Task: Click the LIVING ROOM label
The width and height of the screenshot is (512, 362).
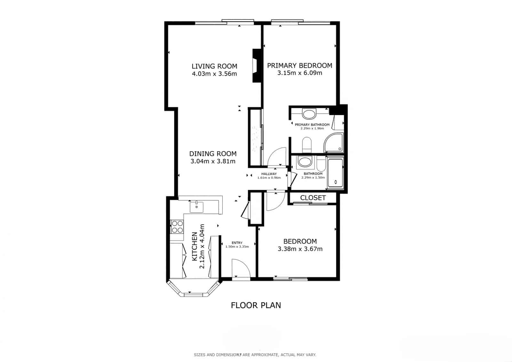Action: tap(214, 66)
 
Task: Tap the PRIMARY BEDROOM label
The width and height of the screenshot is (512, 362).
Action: tap(300, 66)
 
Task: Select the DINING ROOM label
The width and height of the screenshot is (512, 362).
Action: tap(213, 154)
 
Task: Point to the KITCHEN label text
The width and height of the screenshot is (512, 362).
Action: tap(194, 246)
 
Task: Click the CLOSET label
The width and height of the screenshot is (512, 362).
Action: tap(313, 198)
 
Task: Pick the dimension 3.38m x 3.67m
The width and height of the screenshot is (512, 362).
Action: tap(300, 249)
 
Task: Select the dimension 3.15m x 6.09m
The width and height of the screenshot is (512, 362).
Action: tap(300, 73)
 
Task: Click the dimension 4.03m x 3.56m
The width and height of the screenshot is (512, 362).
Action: tap(214, 74)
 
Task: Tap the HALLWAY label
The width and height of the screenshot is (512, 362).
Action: tap(269, 174)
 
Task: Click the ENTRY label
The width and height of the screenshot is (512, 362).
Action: tap(237, 243)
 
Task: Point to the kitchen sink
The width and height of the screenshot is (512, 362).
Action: tap(196, 207)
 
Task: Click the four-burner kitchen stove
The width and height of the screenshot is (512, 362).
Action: tap(177, 227)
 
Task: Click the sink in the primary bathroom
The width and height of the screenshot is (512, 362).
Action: tap(309, 114)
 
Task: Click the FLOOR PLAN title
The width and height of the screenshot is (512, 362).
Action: tap(256, 305)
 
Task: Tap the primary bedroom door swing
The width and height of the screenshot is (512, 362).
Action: tap(276, 157)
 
